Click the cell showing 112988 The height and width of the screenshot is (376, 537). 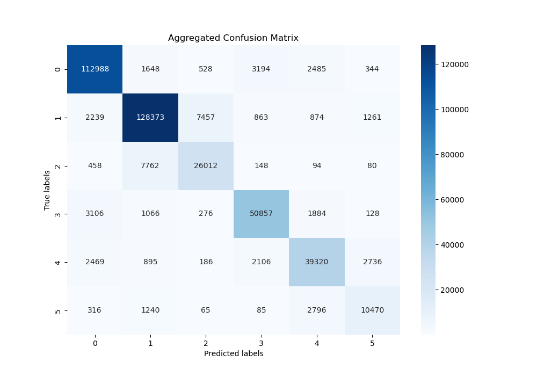[x=95, y=69]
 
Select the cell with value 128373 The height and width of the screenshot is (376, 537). [x=150, y=118]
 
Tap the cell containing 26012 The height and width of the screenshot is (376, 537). [x=206, y=166]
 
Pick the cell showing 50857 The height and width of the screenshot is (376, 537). [x=262, y=214]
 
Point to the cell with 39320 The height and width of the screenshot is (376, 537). [x=317, y=262]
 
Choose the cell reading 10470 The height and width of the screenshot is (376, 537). [x=372, y=310]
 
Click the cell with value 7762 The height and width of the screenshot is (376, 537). [x=150, y=166]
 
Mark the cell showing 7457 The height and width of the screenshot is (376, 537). [x=206, y=118]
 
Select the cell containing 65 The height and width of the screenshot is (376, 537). [x=206, y=310]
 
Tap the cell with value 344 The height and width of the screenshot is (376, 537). [x=372, y=69]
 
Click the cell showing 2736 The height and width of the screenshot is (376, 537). [x=372, y=262]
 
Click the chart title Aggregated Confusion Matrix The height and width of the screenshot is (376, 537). [x=233, y=38]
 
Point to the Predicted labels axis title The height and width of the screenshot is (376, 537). [x=233, y=353]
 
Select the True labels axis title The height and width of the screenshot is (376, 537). [x=47, y=190]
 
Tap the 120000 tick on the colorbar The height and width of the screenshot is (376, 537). [x=454, y=64]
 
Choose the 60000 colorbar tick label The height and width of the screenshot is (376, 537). [x=453, y=200]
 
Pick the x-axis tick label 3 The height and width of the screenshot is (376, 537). [x=262, y=343]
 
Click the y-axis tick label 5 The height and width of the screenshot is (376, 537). [x=58, y=310]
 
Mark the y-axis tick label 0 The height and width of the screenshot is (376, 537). [x=58, y=69]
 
